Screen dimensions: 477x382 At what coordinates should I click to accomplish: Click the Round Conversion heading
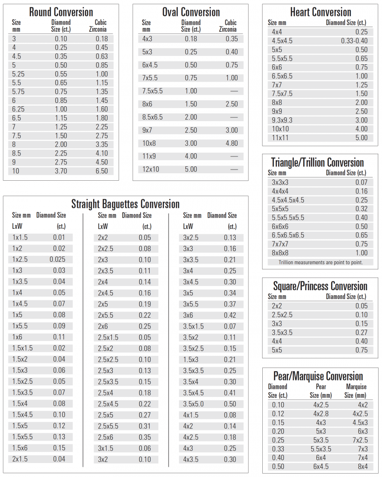(x=61, y=12)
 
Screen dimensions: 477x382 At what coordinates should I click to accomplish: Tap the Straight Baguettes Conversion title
(x=125, y=204)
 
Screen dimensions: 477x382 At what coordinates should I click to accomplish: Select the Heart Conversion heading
(x=321, y=12)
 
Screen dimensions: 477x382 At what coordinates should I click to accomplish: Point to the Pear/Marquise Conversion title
(x=318, y=376)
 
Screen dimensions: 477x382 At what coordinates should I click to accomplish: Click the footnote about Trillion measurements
(x=321, y=262)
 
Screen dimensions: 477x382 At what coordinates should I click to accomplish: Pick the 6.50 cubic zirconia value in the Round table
(x=101, y=171)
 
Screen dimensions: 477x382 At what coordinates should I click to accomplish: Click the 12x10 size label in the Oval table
(x=150, y=169)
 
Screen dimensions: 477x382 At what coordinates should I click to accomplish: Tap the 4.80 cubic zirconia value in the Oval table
(x=231, y=143)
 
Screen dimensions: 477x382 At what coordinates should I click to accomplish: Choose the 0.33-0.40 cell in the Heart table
(x=354, y=41)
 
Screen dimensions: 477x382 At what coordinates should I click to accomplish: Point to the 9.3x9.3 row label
(x=282, y=120)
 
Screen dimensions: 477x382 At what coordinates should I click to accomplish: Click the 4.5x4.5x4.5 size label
(x=288, y=200)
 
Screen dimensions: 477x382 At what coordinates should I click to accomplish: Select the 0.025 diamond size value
(x=57, y=259)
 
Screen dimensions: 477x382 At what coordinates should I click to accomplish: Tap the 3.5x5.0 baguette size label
(x=193, y=404)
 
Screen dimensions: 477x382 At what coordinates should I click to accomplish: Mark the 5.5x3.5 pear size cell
(x=321, y=449)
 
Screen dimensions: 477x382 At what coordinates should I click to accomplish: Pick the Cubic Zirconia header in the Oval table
(x=231, y=26)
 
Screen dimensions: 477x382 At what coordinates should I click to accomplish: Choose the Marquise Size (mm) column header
(x=355, y=390)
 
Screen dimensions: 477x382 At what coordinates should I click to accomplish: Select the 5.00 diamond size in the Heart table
(x=361, y=137)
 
